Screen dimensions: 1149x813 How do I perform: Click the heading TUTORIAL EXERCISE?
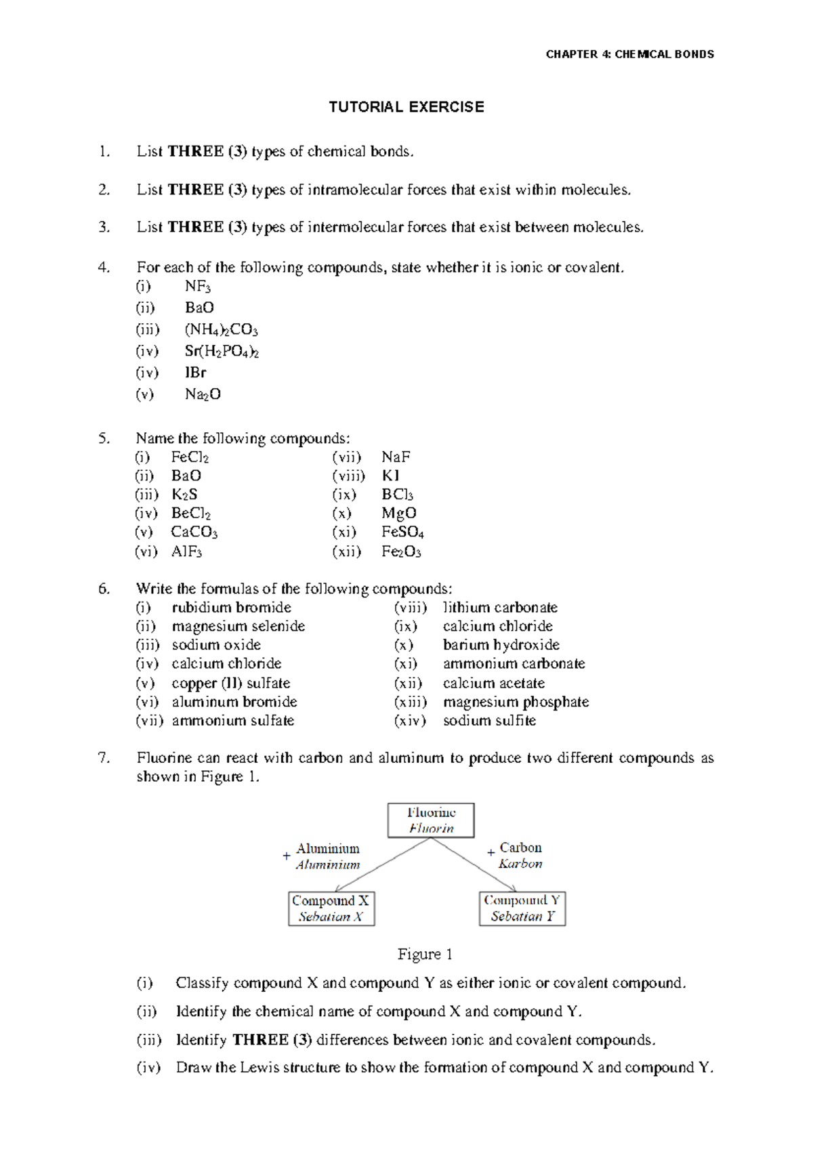(x=406, y=107)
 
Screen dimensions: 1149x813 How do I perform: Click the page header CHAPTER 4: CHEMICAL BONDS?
(x=629, y=54)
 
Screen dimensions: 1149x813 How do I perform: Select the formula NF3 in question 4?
(x=198, y=287)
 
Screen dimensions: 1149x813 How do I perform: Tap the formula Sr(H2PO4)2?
(x=222, y=352)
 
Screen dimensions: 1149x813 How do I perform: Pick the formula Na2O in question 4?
(x=203, y=394)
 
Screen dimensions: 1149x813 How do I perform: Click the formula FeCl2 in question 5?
(x=190, y=457)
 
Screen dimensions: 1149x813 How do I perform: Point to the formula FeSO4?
(x=402, y=532)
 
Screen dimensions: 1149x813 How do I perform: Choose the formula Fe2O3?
(x=401, y=551)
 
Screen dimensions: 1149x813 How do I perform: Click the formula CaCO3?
(x=194, y=532)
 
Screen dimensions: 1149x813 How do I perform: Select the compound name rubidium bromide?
(x=231, y=608)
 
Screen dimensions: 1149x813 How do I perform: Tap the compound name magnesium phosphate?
(x=516, y=702)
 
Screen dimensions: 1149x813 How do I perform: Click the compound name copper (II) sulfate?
(x=230, y=683)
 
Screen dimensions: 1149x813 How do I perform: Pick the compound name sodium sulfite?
(x=489, y=721)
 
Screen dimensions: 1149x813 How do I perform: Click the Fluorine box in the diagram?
(x=431, y=820)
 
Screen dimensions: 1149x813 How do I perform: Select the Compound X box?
(x=331, y=908)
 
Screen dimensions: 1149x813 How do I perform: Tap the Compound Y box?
(x=522, y=908)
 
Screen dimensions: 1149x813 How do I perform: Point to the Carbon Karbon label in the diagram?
(x=520, y=856)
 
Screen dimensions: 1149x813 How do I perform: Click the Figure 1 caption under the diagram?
(x=425, y=955)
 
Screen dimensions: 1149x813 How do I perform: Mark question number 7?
(x=104, y=758)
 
